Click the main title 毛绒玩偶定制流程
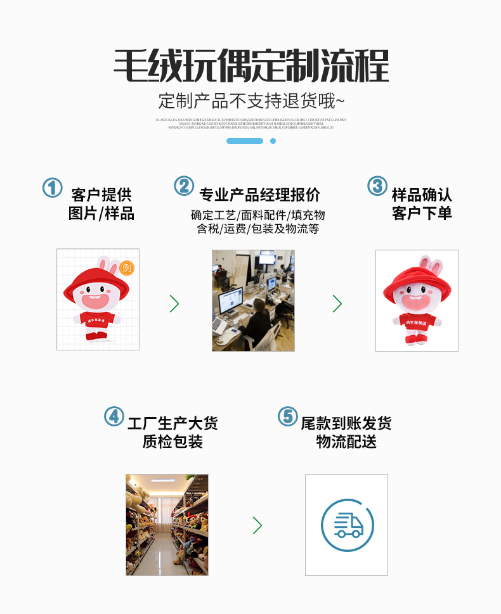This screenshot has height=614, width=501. [251, 65]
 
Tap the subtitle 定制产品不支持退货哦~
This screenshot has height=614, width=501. [251, 101]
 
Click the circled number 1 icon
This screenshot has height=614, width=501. [52, 187]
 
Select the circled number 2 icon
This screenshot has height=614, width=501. [184, 186]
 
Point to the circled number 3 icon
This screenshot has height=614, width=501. [377, 186]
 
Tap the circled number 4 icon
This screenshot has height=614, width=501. [114, 416]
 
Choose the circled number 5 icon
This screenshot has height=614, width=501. [287, 416]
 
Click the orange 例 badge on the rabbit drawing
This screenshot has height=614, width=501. [127, 267]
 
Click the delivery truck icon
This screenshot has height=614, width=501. [347, 525]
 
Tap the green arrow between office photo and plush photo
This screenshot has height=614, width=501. [337, 304]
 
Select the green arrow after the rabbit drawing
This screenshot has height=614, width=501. [174, 304]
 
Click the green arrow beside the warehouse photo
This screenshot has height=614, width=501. [257, 525]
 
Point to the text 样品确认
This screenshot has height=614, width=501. [422, 195]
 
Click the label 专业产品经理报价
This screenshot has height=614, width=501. [259, 195]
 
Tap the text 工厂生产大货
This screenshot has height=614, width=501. [172, 423]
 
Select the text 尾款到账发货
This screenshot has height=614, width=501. [346, 423]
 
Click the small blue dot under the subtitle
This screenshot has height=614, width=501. [273, 141]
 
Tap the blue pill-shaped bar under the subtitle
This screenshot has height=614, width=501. [244, 141]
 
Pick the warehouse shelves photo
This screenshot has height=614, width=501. [167, 525]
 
